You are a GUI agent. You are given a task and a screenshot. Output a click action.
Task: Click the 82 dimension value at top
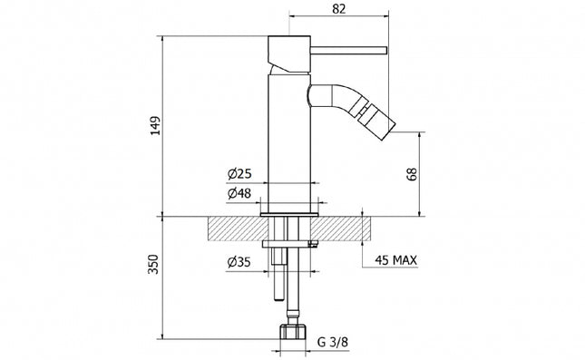click(x=339, y=8)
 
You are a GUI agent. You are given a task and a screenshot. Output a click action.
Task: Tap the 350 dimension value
click(x=155, y=265)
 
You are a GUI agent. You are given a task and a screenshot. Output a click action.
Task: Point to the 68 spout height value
click(x=413, y=174)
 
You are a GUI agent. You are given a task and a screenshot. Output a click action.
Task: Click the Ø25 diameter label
click(x=239, y=174)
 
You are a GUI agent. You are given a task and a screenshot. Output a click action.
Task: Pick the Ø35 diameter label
click(x=239, y=265)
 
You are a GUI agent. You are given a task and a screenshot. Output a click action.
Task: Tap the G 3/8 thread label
click(x=333, y=345)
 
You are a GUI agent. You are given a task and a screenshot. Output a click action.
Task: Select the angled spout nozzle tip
click(x=372, y=115)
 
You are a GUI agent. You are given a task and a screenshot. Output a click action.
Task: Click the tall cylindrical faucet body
click(x=290, y=136)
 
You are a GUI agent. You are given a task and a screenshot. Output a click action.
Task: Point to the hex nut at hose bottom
click(x=293, y=332)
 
